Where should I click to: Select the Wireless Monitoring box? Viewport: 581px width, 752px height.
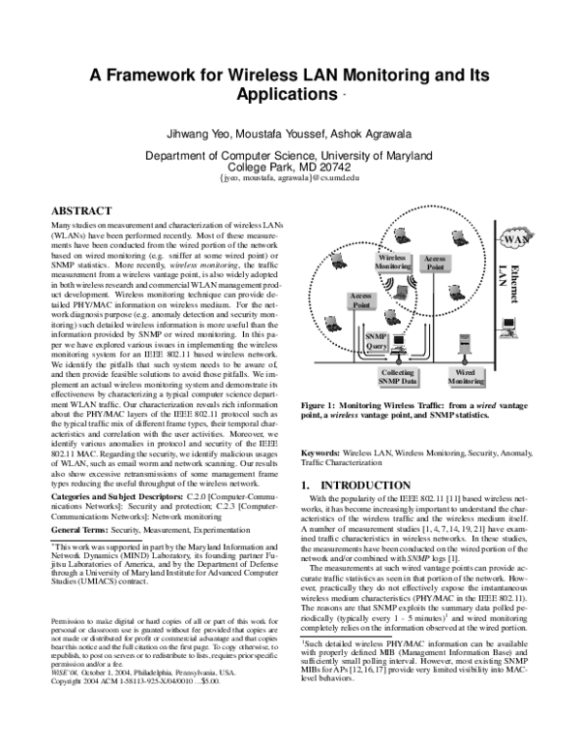click(x=391, y=263)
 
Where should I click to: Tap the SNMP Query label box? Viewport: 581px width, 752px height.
click(x=376, y=339)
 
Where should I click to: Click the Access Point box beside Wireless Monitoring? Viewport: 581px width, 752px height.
click(x=434, y=263)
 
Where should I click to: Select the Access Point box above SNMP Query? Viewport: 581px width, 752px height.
click(x=360, y=298)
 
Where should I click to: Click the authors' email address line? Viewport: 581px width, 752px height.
click(x=290, y=179)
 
